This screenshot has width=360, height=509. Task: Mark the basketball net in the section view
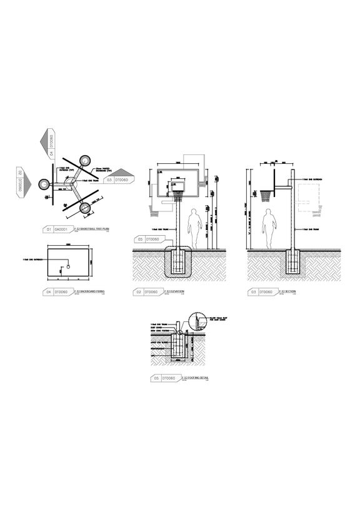(267, 193)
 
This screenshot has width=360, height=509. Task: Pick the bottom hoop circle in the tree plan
(85, 208)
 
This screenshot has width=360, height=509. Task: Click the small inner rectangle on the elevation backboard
(178, 186)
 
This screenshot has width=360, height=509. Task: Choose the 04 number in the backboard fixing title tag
(49, 291)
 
